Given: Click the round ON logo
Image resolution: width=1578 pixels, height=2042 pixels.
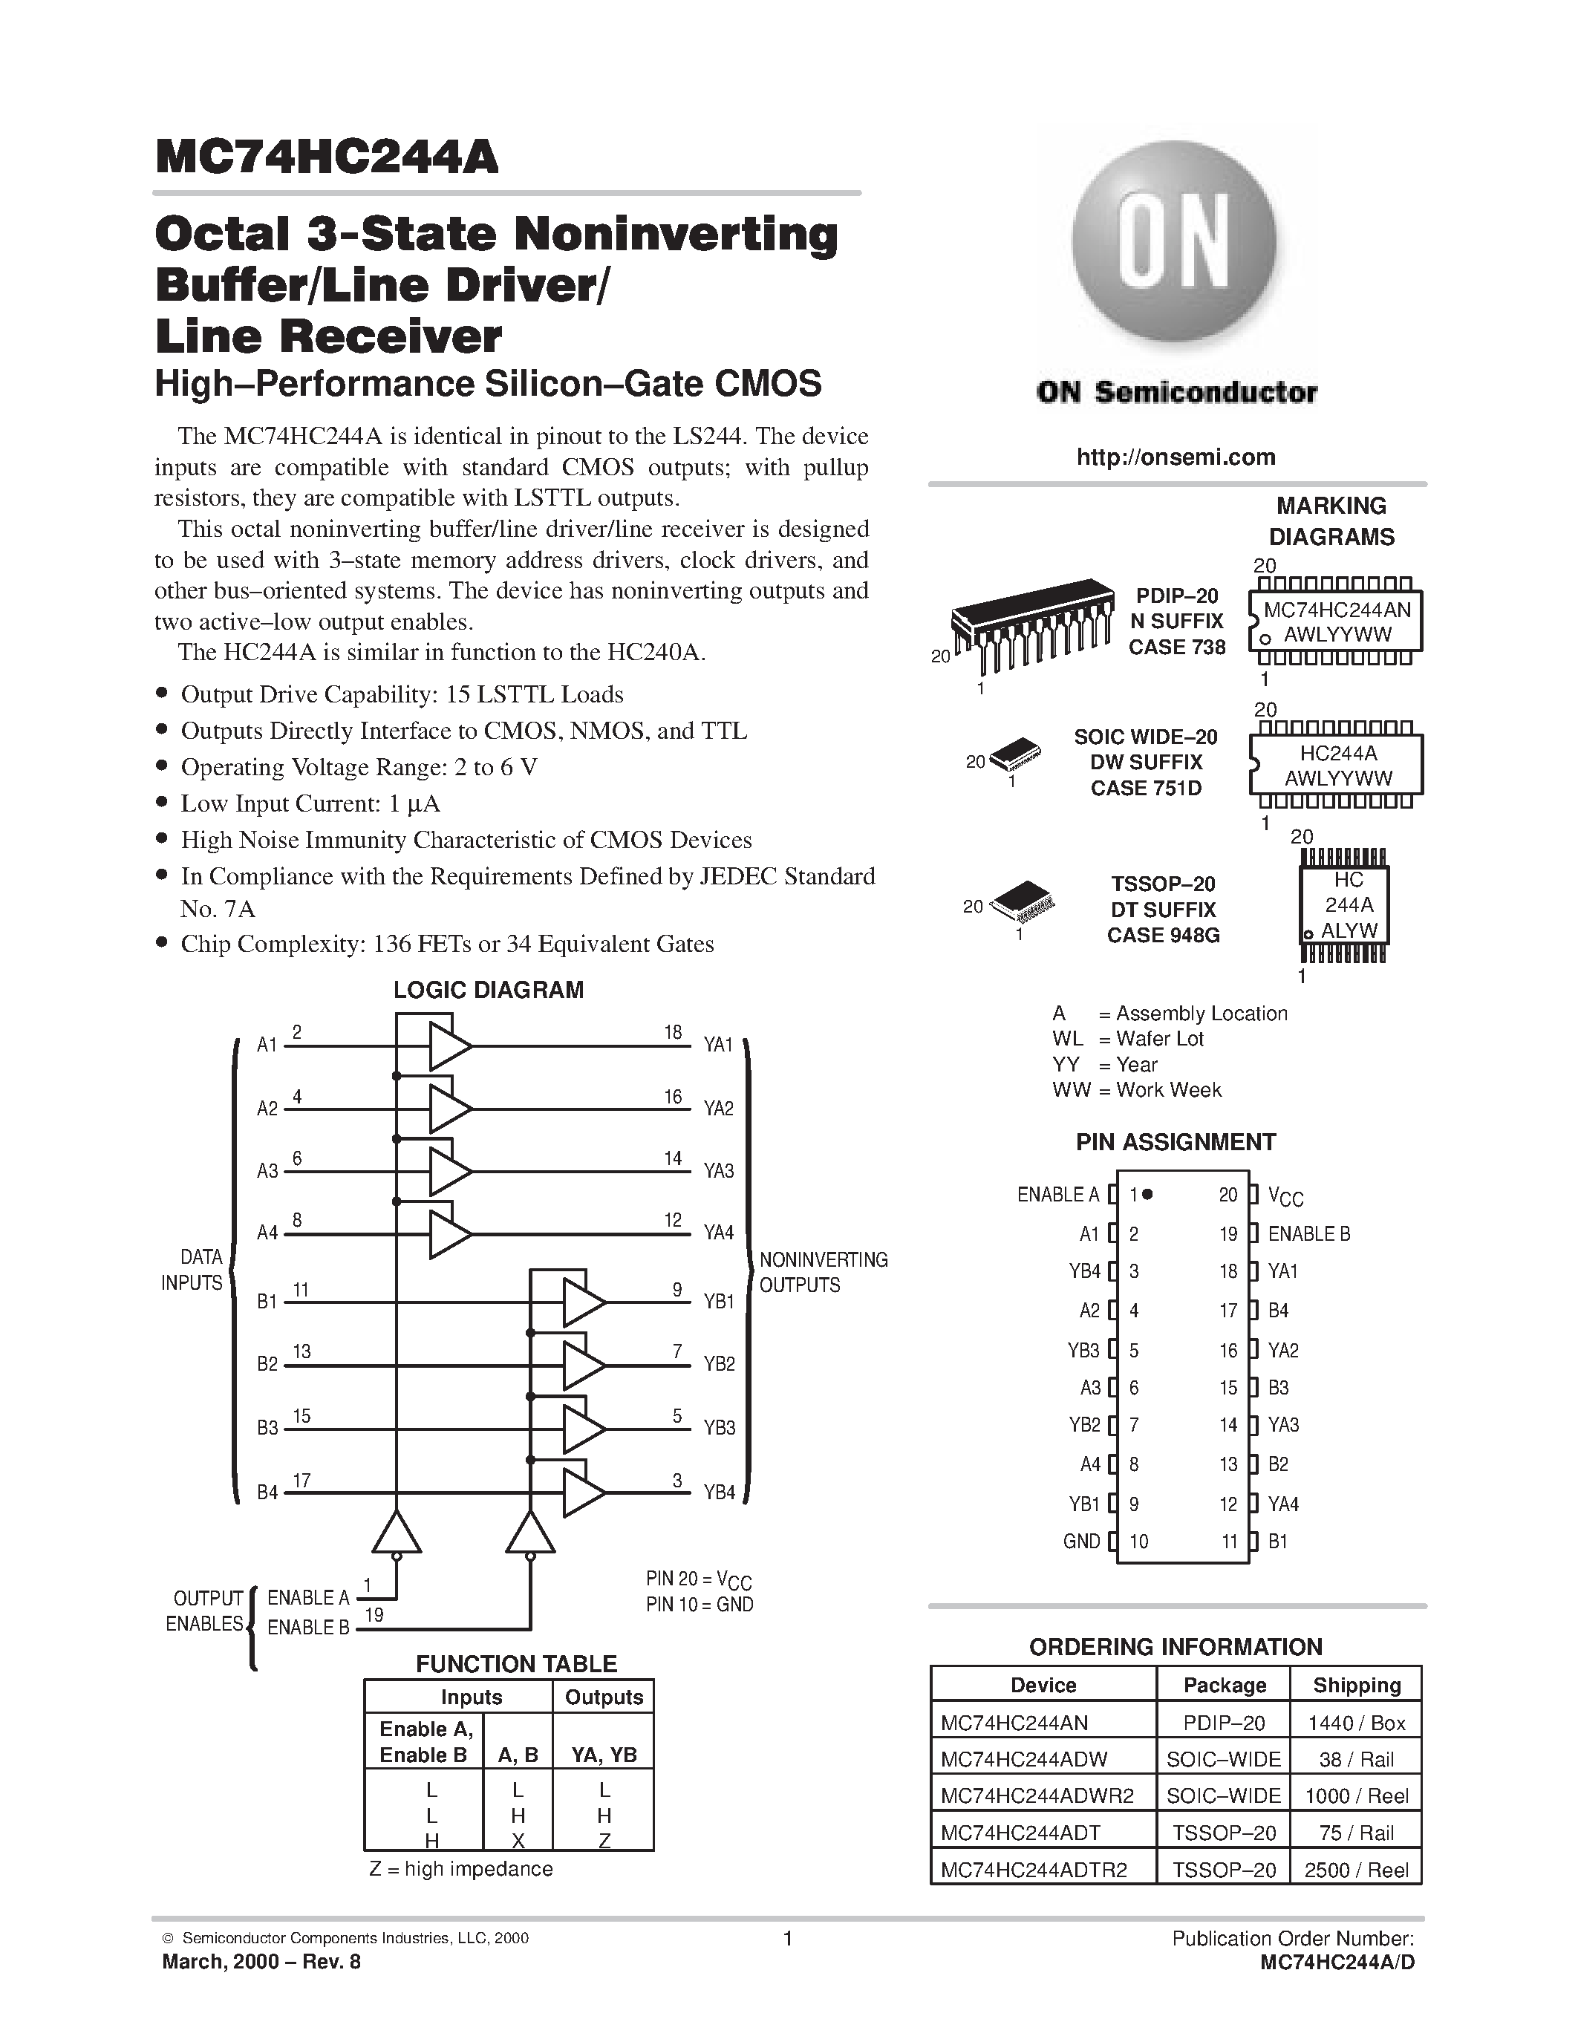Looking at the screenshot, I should tap(1174, 244).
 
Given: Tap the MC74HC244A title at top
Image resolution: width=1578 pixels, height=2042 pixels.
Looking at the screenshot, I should tap(327, 157).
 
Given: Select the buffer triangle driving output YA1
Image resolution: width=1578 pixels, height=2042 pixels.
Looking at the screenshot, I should tap(448, 1046).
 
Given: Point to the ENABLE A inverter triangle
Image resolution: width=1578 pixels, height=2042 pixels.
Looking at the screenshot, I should tap(397, 1533).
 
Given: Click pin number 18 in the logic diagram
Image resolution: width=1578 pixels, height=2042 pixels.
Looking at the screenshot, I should tap(673, 1032).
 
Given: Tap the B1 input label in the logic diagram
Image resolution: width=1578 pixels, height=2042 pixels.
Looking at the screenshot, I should tap(267, 1302).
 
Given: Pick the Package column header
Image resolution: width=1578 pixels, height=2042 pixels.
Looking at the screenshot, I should tap(1224, 1685).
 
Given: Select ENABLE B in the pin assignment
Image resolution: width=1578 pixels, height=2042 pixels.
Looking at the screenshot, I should tap(1308, 1233).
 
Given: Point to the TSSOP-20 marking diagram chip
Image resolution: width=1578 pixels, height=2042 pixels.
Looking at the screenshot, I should tap(1343, 905).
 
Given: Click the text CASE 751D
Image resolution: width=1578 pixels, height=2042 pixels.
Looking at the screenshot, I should tap(1145, 788).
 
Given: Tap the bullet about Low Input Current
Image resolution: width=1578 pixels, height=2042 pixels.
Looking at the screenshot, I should tap(310, 803).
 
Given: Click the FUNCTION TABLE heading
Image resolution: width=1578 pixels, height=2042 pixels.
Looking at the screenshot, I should tap(516, 1663).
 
